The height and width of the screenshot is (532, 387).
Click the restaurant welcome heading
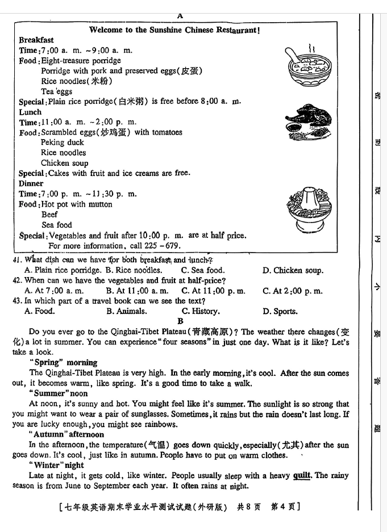tap(175, 30)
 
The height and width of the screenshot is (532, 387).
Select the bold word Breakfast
tap(36, 40)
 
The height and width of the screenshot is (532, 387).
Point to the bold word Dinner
tap(31, 183)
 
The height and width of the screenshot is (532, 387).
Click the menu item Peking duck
tap(62, 143)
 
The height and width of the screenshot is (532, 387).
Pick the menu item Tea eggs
tap(56, 91)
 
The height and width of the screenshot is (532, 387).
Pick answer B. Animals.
tap(126, 311)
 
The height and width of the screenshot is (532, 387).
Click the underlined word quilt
tap(302, 476)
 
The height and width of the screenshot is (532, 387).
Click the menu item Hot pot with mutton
tap(77, 204)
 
